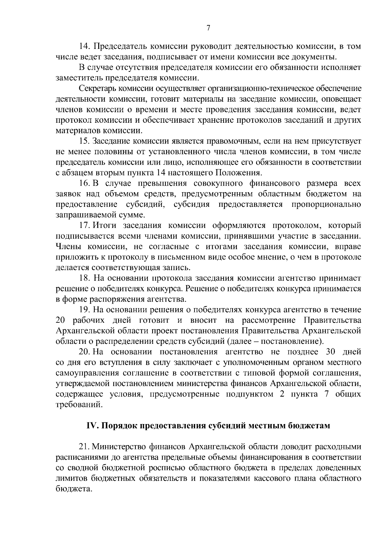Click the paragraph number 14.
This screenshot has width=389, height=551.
click(x=85, y=47)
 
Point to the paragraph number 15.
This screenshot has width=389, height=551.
click(x=85, y=142)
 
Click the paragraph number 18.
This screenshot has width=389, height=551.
click(x=85, y=278)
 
